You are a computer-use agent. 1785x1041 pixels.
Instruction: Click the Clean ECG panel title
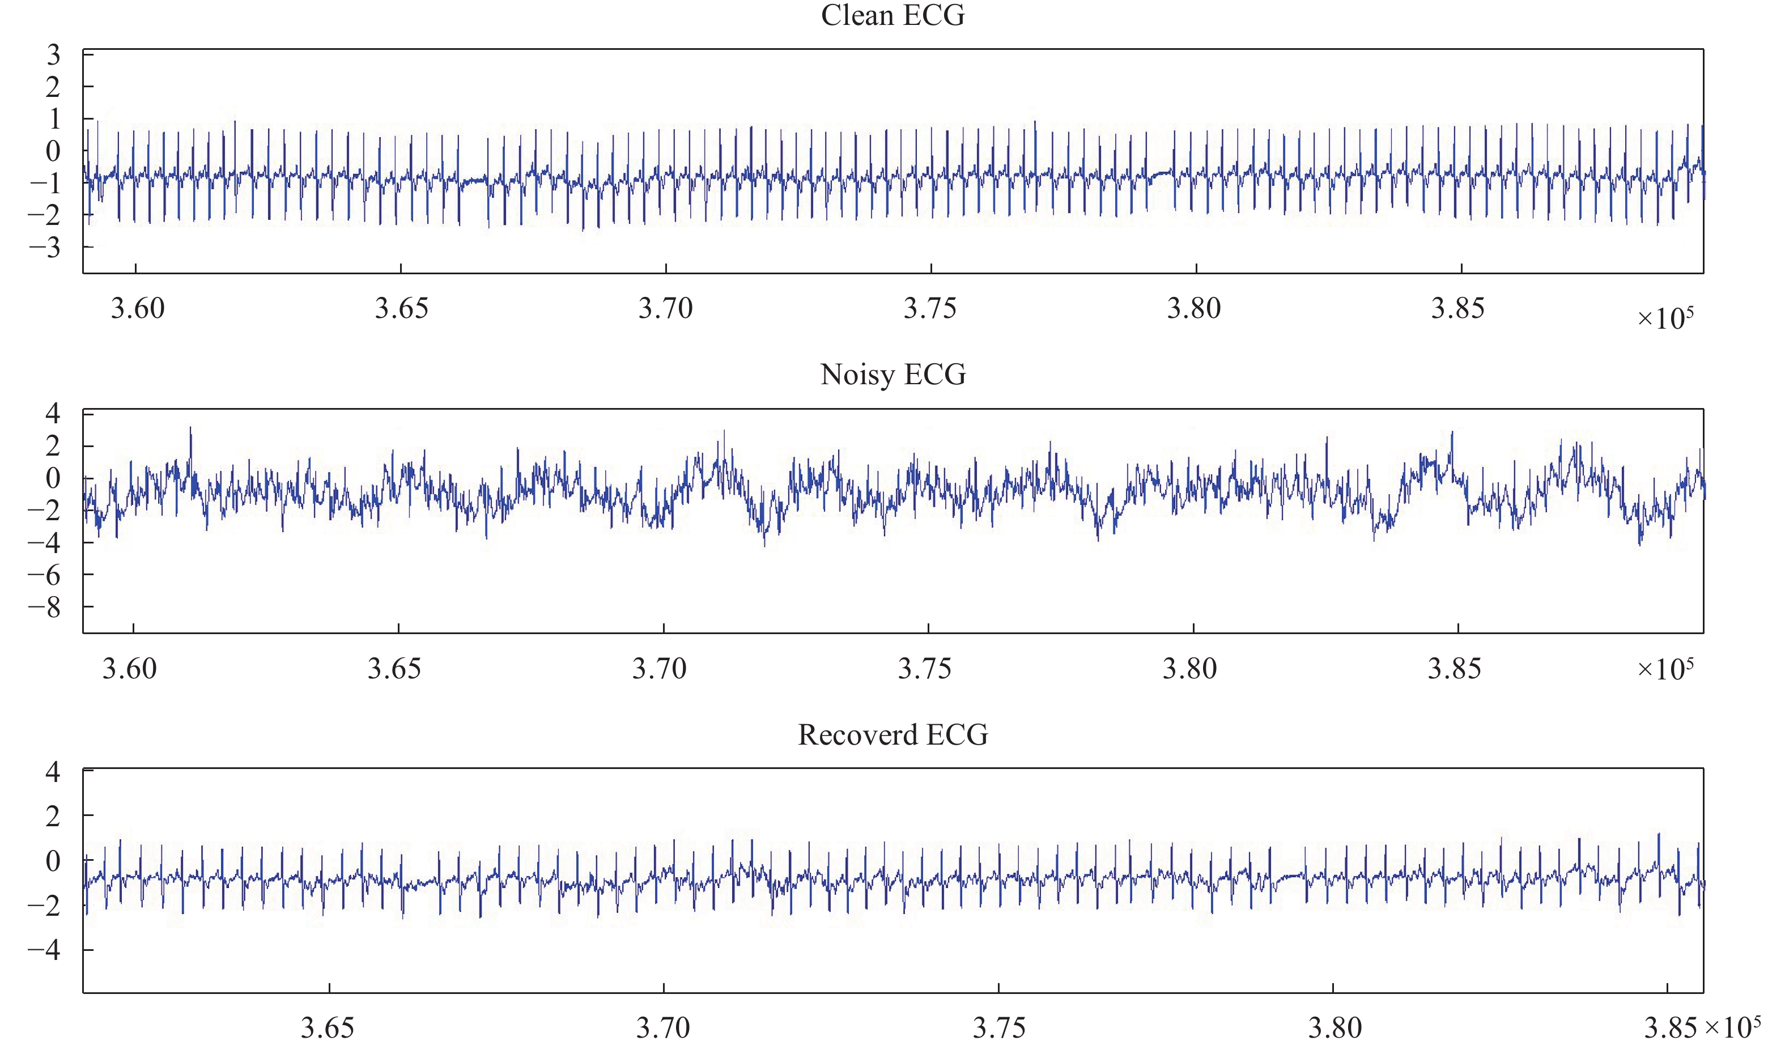coord(892,15)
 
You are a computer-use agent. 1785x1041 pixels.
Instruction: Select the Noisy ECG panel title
coord(892,374)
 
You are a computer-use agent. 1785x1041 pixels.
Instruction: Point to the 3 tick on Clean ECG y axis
coord(53,54)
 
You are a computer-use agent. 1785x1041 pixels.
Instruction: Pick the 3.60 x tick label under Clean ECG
coord(137,308)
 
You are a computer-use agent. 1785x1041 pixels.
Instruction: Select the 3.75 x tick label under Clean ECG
coord(929,308)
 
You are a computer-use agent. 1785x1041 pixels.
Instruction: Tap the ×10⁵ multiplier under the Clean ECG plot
coord(1665,318)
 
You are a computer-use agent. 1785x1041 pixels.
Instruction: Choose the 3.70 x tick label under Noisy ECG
coord(660,669)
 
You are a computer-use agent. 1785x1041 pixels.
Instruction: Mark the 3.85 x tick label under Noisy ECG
coord(1454,669)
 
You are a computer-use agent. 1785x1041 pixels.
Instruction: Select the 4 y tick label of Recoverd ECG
coord(53,771)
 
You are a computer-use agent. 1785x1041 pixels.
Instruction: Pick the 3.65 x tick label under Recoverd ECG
coord(328,1027)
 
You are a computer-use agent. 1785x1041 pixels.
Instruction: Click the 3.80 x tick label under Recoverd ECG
coord(1334,1027)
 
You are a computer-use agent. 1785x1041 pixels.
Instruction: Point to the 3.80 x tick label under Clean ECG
coord(1195,308)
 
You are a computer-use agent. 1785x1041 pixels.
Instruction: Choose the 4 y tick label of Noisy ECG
coord(53,413)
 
